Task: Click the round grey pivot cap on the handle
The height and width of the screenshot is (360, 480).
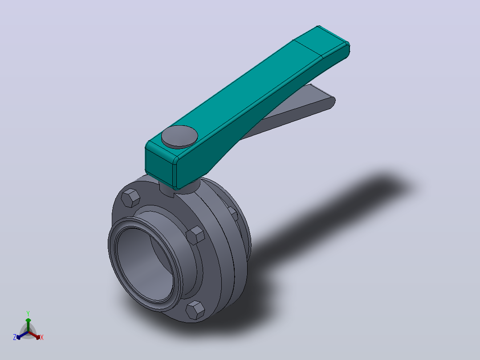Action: pos(179,137)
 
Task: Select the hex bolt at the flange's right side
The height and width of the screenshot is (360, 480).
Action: pos(195,235)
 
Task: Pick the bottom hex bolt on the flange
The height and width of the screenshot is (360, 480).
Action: pos(195,310)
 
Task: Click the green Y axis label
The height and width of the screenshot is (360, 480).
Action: pos(28,313)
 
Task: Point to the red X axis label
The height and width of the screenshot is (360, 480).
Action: pos(42,337)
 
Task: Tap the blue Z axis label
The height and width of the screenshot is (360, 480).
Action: pos(14,337)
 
